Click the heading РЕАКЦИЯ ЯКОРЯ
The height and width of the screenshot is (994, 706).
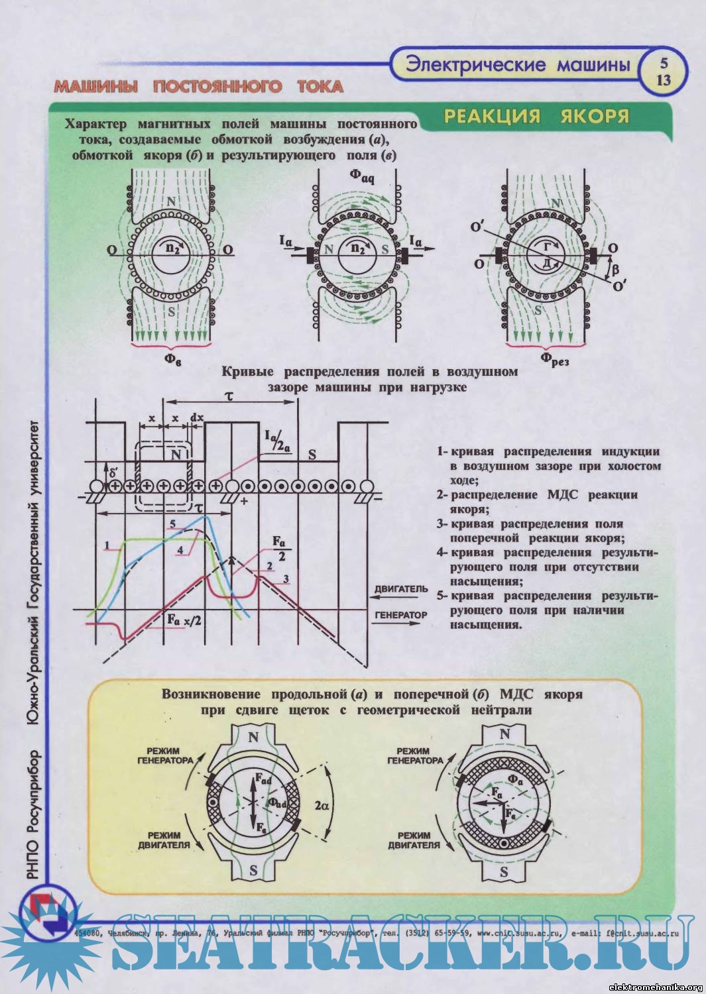[x=536, y=116]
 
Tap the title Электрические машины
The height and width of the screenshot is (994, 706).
[x=516, y=64]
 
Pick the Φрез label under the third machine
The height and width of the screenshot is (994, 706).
[x=554, y=359]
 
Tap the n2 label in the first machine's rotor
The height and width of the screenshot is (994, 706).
[x=173, y=250]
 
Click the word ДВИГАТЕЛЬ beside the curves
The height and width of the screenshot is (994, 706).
[x=400, y=588]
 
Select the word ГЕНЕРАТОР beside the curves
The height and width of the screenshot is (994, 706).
[x=400, y=615]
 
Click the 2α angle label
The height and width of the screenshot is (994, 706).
[x=322, y=805]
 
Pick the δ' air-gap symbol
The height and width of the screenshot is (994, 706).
[x=114, y=474]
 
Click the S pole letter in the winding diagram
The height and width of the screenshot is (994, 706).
[x=311, y=456]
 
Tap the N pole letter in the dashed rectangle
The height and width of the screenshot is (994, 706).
[x=176, y=455]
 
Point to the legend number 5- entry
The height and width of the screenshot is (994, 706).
[x=443, y=596]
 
